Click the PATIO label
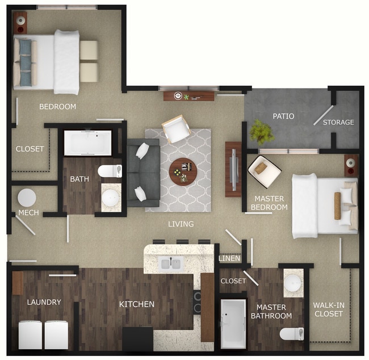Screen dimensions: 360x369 pyautogui.click(x=283, y=116)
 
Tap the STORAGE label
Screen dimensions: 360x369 pyautogui.click(x=338, y=122)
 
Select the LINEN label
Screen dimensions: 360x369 pyautogui.click(x=230, y=259)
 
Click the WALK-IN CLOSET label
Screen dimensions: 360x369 pyautogui.click(x=328, y=309)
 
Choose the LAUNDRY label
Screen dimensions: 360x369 pyautogui.click(x=44, y=302)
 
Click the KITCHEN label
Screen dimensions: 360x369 pyautogui.click(x=136, y=304)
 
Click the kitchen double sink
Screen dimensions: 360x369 pyautogui.click(x=171, y=263)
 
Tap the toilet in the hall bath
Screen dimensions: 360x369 pyautogui.click(x=110, y=170)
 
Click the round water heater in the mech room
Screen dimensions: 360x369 pyautogui.click(x=27, y=198)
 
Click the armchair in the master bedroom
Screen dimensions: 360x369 pyautogui.click(x=264, y=171)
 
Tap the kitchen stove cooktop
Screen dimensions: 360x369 pyautogui.click(x=197, y=302)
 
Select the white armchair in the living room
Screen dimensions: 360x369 pyautogui.click(x=176, y=129)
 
